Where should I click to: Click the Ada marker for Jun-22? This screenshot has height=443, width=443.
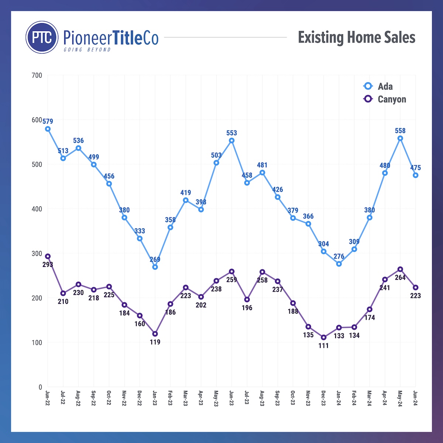coord(48,129)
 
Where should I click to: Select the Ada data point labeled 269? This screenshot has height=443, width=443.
coord(155,267)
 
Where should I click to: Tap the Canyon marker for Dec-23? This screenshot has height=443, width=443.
coord(324,337)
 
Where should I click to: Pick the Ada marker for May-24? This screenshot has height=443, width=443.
coord(400,138)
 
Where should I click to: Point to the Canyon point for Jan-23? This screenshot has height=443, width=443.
coord(155,334)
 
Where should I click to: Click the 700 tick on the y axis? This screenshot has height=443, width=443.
coord(37,75)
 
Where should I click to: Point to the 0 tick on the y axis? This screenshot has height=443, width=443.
coord(40,387)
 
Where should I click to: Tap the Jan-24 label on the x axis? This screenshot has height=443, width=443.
coord(339,398)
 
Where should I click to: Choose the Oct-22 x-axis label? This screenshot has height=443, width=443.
coord(109,398)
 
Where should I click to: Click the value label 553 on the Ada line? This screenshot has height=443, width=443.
coord(231,133)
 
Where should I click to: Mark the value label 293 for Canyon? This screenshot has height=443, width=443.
coord(48,264)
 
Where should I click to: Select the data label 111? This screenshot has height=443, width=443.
coord(324,346)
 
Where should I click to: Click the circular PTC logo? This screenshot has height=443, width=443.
coord(42,37)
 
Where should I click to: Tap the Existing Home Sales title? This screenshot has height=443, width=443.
coord(357,38)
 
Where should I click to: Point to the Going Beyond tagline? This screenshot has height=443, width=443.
coord(87,49)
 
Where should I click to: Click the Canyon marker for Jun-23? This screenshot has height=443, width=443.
coord(231,272)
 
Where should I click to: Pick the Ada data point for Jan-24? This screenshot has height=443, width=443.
coord(339,264)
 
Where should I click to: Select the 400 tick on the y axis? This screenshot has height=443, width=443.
coord(37,209)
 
